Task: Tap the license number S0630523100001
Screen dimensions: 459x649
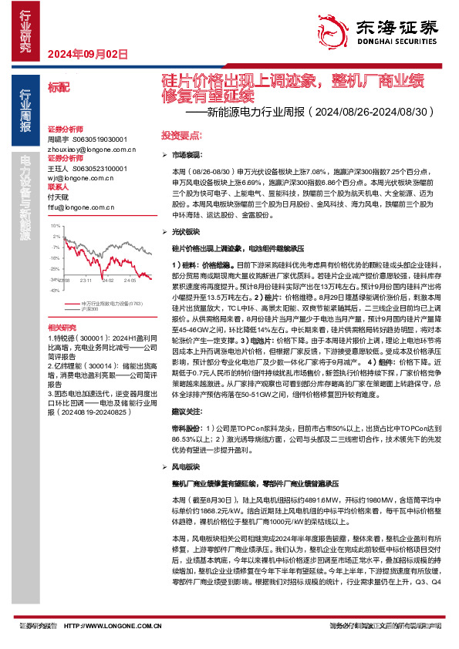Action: coord(102,167)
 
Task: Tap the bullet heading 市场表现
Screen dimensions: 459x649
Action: coord(185,155)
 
